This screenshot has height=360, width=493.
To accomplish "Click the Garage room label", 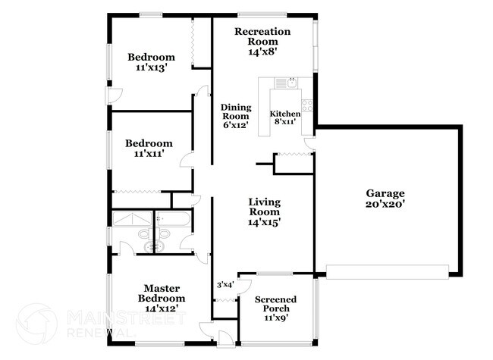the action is pyautogui.click(x=385, y=193).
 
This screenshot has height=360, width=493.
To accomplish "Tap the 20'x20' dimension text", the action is pyautogui.click(x=385, y=204).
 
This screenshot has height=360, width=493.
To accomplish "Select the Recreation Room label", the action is pyautogui.click(x=262, y=36).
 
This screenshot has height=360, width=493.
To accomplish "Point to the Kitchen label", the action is pyautogui.click(x=285, y=114).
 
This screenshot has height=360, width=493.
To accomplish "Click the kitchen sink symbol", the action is pyautogui.click(x=292, y=83).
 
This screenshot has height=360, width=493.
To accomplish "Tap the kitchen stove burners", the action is pyautogui.click(x=307, y=105).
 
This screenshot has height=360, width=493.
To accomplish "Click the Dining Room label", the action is pyautogui.click(x=236, y=112).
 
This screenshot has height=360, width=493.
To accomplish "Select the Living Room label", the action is pyautogui.click(x=265, y=207).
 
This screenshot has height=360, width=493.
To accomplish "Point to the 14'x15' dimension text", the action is pyautogui.click(x=264, y=222).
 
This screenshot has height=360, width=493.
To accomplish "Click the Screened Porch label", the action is pyautogui.click(x=276, y=304).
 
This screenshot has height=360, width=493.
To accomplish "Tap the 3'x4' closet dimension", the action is pyautogui.click(x=225, y=285).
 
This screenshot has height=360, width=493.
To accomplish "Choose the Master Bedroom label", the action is pyautogui.click(x=162, y=293).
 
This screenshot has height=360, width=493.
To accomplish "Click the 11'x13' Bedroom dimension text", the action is pyautogui.click(x=151, y=67).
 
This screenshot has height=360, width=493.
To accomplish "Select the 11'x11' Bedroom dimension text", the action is pyautogui.click(x=149, y=154).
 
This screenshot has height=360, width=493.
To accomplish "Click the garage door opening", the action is pyautogui.click(x=388, y=272).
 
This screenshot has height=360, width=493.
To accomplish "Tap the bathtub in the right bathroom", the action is pyautogui.click(x=173, y=218).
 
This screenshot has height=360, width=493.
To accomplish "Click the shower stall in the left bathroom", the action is pyautogui.click(x=133, y=218).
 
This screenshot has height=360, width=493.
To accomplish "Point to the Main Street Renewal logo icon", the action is pyautogui.click(x=37, y=324).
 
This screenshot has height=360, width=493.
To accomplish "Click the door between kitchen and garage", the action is pyautogui.click(x=310, y=143).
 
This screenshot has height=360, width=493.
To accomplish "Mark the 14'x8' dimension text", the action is pyautogui.click(x=262, y=52).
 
